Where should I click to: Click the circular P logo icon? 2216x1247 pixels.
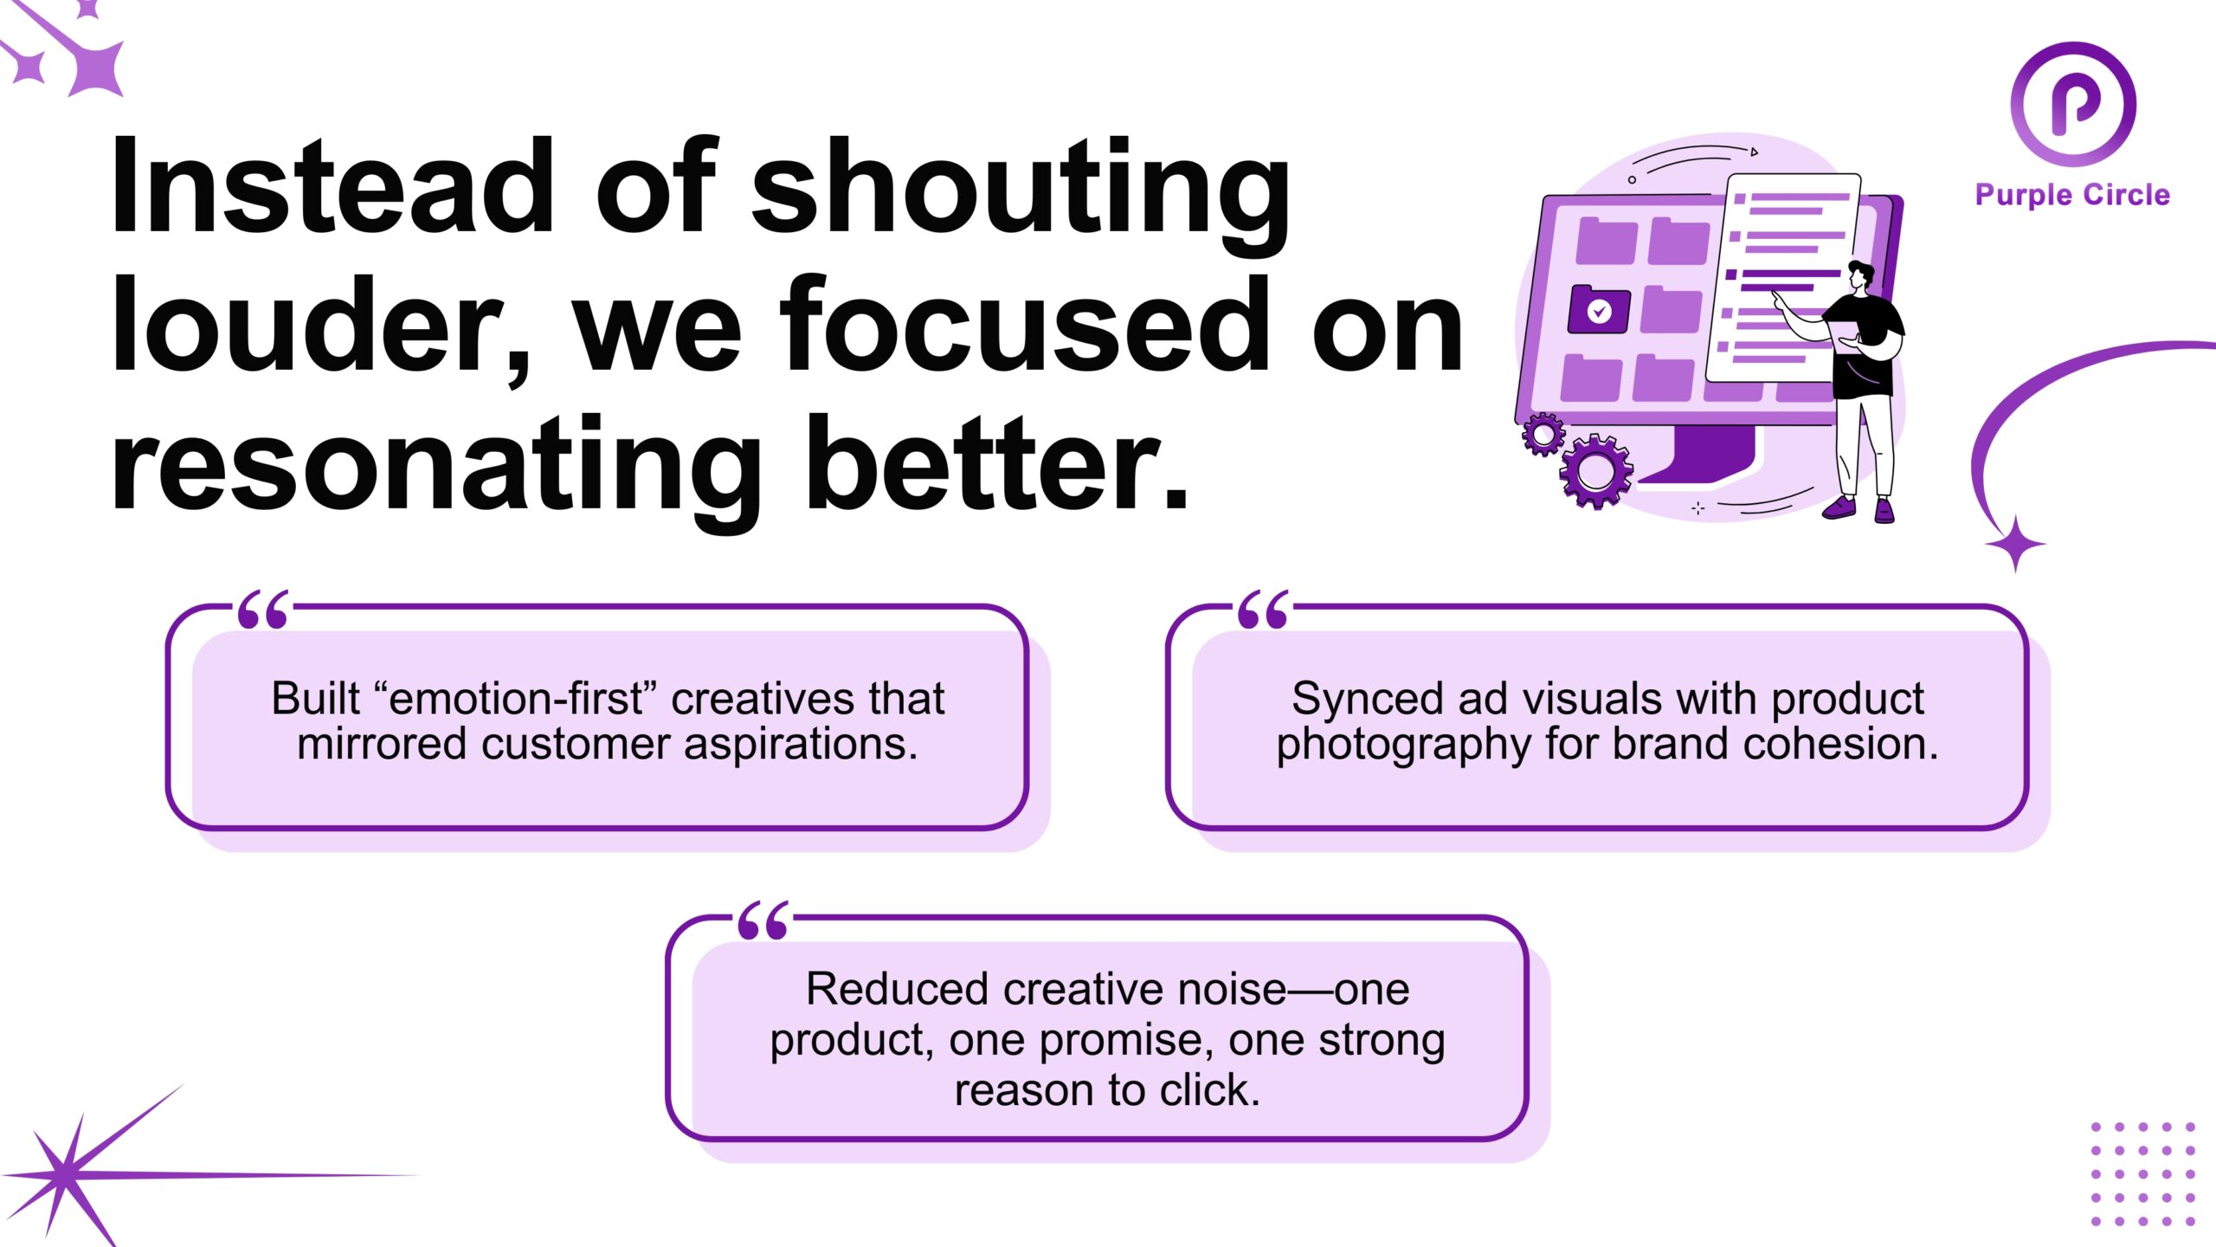2073,104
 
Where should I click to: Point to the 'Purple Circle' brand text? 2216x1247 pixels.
2072,195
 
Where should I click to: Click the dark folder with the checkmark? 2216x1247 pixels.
1599,309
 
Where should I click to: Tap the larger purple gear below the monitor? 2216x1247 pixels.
1595,470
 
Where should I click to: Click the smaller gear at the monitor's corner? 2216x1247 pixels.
1543,434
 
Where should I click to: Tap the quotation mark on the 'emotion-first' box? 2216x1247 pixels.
263,610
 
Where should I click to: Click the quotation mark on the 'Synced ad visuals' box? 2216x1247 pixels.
1263,610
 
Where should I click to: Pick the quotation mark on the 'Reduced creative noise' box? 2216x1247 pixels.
763,921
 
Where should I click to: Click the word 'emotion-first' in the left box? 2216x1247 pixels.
516,698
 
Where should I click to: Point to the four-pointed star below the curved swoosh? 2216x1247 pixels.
2015,544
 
